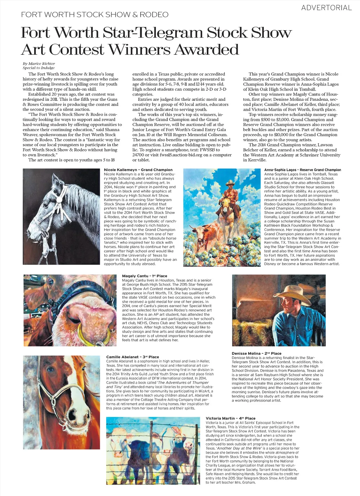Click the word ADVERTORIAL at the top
coord(326,8)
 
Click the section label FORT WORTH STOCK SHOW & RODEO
coord(95,15)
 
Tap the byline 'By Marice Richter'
coord(39,64)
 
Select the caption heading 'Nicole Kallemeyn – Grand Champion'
coord(138,170)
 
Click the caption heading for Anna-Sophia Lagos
coord(302,170)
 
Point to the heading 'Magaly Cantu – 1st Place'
coord(144,276)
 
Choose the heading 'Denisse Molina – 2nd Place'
coord(256,353)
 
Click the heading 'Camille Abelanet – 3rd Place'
coord(133,357)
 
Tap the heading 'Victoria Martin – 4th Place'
coord(230,418)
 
